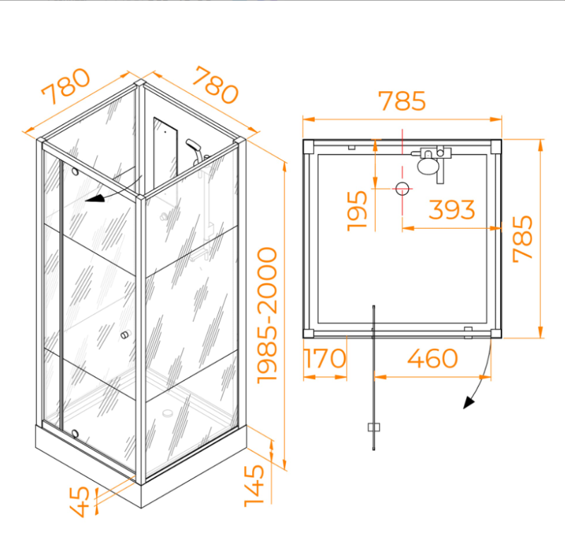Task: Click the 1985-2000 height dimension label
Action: pyautogui.click(x=268, y=316)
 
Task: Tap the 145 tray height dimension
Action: pyautogui.click(x=254, y=486)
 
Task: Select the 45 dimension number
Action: pyautogui.click(x=79, y=501)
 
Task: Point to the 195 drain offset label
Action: pyautogui.click(x=357, y=211)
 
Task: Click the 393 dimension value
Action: pyautogui.click(x=452, y=209)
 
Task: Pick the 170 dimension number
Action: pyautogui.click(x=325, y=358)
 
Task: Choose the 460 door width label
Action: pyautogui.click(x=432, y=358)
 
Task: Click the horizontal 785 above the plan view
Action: pyautogui.click(x=402, y=100)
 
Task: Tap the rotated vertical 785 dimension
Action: pyautogui.click(x=523, y=239)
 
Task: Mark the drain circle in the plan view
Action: pyautogui.click(x=402, y=189)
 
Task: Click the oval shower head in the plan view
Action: pyautogui.click(x=428, y=166)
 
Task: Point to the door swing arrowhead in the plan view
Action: pyautogui.click(x=468, y=402)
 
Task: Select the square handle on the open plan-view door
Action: pyautogui.click(x=374, y=427)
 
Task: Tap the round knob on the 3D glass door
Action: pyautogui.click(x=125, y=335)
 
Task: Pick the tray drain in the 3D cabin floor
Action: pyautogui.click(x=167, y=413)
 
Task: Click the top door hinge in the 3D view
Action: pyautogui.click(x=75, y=172)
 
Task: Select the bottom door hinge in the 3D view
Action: pyautogui.click(x=75, y=433)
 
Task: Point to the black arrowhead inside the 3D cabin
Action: pyautogui.click(x=95, y=198)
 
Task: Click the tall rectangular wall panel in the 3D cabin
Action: pyautogui.click(x=165, y=152)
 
